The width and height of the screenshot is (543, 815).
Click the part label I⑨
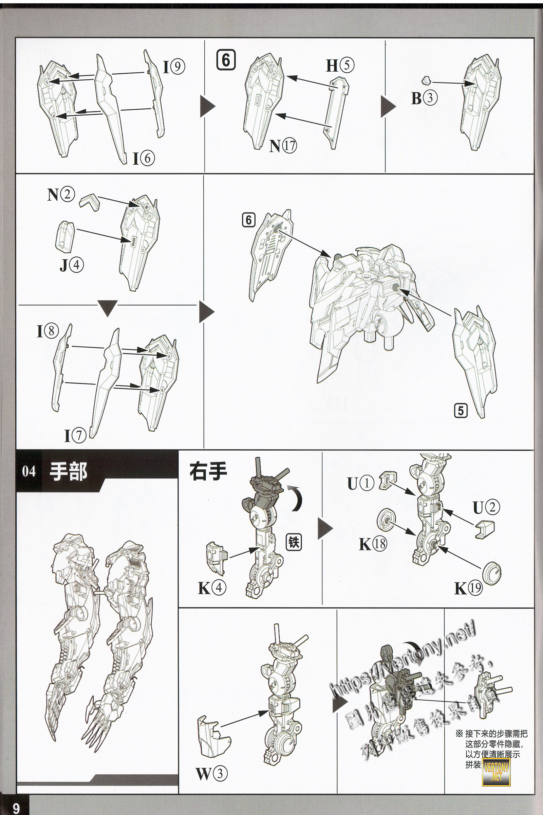pos(174,67)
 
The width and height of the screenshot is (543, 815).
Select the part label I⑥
pos(144,158)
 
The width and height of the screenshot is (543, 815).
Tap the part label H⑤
pos(340,65)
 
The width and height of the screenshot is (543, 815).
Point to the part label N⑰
pos(283,146)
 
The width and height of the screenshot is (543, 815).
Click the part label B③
pos(424,98)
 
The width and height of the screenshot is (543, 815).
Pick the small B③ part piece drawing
pos(426,81)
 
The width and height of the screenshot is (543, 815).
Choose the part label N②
pos(61,194)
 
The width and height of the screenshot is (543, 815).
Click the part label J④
pos(72,265)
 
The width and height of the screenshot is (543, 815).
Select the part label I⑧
pos(48,331)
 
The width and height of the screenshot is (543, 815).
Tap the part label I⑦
pos(75,436)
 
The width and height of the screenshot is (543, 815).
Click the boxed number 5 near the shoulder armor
pos(461,411)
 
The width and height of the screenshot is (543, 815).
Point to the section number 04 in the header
pos(29,471)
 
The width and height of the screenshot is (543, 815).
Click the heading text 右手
pos(208,471)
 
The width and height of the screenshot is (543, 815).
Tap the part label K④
pos(212,588)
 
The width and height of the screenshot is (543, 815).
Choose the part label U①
pos(360,483)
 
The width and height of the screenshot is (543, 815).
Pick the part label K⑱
pos(373,544)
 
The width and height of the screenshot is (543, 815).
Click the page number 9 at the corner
pos(16,808)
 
